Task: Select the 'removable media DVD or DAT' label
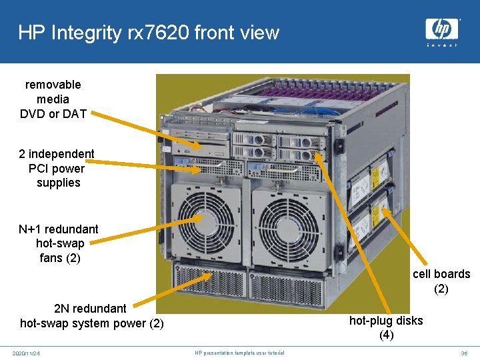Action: click(53, 99)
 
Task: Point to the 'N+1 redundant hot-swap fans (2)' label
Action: click(59, 243)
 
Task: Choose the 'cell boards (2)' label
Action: click(441, 281)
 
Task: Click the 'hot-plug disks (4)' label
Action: click(386, 327)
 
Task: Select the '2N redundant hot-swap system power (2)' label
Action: click(92, 316)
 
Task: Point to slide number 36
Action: click(464, 353)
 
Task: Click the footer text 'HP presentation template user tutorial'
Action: click(239, 353)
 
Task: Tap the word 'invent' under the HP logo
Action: click(442, 45)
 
